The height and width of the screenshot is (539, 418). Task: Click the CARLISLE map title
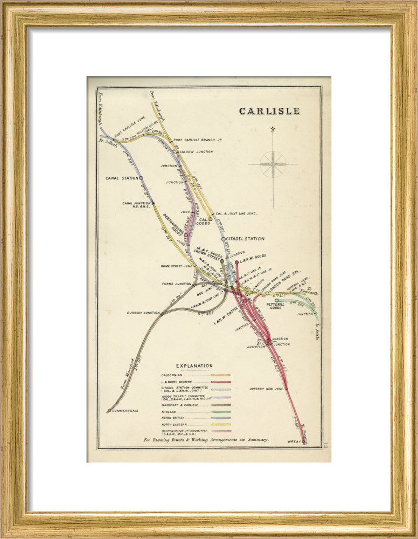[269, 111]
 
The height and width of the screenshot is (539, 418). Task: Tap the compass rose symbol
[273, 164]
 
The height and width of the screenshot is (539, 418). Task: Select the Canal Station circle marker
[141, 177]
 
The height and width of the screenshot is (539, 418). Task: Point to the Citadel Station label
[246, 239]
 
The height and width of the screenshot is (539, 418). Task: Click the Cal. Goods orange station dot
[211, 219]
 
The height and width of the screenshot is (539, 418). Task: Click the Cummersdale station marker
[109, 411]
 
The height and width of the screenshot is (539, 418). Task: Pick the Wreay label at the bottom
[295, 441]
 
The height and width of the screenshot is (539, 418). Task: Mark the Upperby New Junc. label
[266, 389]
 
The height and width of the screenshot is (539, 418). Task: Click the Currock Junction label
[143, 313]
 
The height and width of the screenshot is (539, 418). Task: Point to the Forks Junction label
[176, 284]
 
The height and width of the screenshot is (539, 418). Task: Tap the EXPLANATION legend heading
[194, 366]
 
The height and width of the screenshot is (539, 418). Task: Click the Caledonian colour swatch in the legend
[221, 375]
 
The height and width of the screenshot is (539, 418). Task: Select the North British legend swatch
[221, 418]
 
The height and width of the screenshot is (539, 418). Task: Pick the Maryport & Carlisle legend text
[182, 404]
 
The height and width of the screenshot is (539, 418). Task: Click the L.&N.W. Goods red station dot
[236, 262]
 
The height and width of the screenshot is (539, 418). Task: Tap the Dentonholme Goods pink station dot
[186, 235]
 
